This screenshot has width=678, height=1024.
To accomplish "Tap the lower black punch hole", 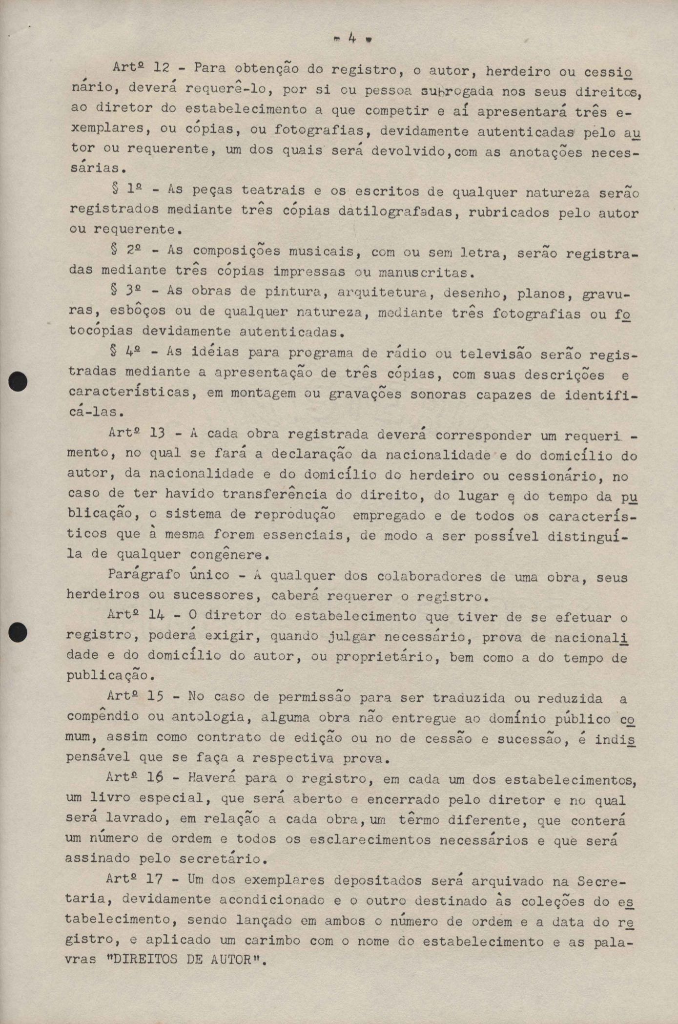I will click(19, 632).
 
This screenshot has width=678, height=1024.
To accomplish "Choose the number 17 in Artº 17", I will click(155, 879).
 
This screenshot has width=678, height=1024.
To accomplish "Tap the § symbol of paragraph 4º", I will click(114, 350).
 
